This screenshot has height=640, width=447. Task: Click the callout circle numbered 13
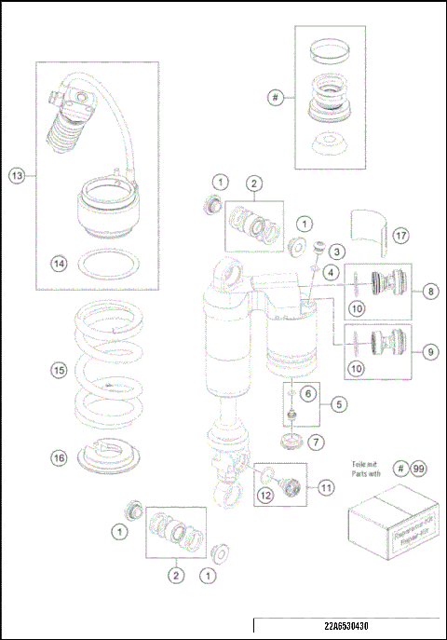click(18, 176)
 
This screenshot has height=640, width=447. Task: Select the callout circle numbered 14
click(59, 264)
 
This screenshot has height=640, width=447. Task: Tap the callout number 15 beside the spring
click(59, 370)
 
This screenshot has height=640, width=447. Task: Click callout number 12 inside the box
click(265, 496)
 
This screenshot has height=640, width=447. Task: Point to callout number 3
click(338, 252)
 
